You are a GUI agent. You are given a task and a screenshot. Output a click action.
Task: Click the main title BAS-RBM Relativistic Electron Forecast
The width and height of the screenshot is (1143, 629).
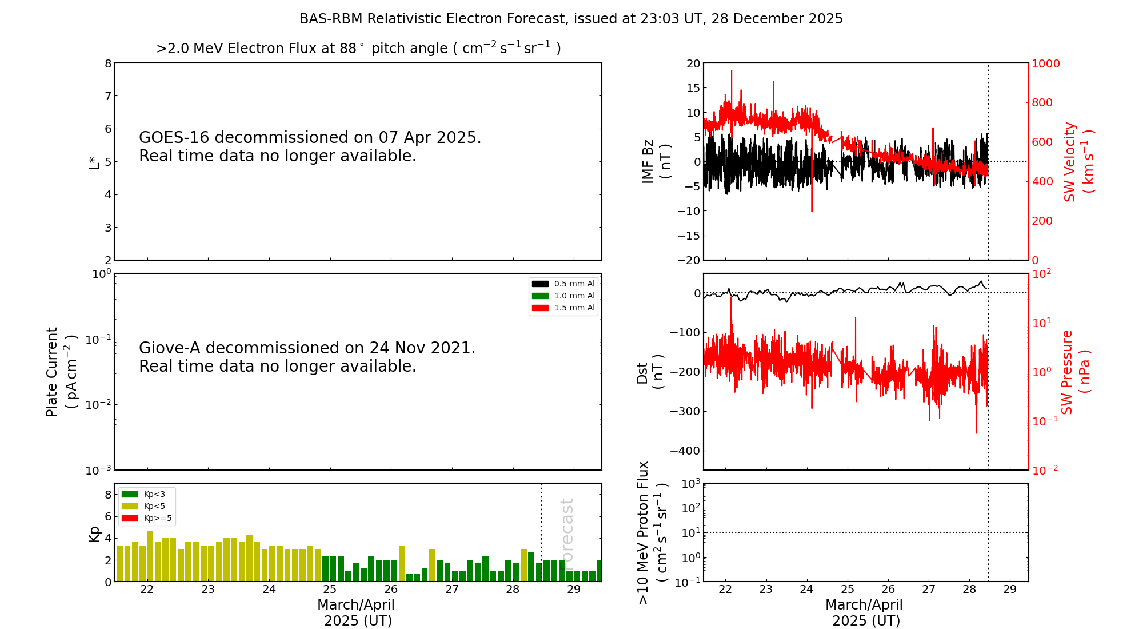coord(570,19)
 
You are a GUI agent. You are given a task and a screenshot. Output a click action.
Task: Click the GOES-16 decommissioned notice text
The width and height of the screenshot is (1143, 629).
coord(310,146)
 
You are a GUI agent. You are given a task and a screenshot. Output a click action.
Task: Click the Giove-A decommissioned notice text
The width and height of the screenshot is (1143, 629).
coord(307,357)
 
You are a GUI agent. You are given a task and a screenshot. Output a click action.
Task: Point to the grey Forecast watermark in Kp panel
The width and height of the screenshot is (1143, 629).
coord(567,529)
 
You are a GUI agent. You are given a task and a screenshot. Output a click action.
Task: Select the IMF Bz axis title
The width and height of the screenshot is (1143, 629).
coord(656,161)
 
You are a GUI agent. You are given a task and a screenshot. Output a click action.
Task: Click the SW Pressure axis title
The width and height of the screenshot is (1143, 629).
coord(1075,372)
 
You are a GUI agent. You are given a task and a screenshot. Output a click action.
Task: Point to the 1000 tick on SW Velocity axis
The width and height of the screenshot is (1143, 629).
coord(1045,63)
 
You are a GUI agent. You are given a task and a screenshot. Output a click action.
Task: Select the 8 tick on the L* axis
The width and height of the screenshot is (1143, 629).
coord(108,63)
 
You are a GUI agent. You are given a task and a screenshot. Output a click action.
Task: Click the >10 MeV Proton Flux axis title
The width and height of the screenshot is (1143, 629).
coord(652,532)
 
